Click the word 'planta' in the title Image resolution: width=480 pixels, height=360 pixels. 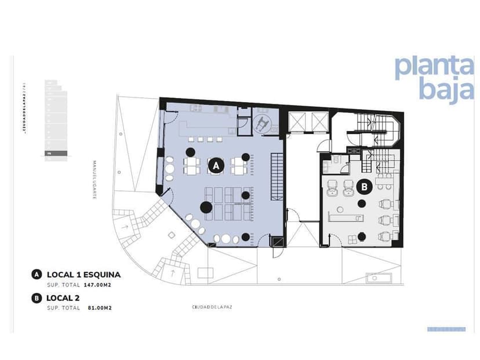pyautogui.click(x=433, y=68)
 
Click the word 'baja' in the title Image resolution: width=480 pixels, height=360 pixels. pyautogui.click(x=446, y=91)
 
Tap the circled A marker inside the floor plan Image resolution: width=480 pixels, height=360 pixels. pyautogui.click(x=216, y=166)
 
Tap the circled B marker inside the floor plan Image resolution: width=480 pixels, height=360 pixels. pyautogui.click(x=365, y=187)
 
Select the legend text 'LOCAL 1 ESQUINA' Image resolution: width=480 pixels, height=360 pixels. pyautogui.click(x=83, y=275)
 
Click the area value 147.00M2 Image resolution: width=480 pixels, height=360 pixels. pyautogui.click(x=97, y=285)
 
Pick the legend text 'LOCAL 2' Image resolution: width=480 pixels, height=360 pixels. pyautogui.click(x=63, y=298)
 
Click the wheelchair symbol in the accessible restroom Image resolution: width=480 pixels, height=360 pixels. pyautogui.click(x=263, y=122)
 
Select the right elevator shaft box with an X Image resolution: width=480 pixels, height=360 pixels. pyautogui.click(x=319, y=122)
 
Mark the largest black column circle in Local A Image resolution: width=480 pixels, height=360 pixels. pyautogui.click(x=205, y=206)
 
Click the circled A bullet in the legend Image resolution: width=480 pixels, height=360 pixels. pyautogui.click(x=37, y=275)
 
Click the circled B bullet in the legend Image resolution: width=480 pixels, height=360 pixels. pyautogui.click(x=37, y=298)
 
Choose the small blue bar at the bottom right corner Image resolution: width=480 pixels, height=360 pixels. pyautogui.click(x=446, y=329)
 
